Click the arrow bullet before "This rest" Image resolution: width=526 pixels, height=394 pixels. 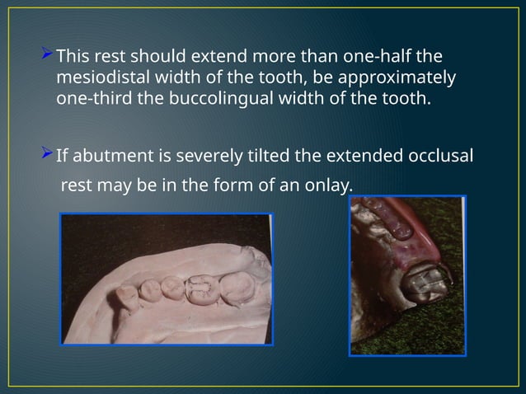coord(47,57)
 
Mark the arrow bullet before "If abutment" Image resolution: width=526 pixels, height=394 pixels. coord(47,153)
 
